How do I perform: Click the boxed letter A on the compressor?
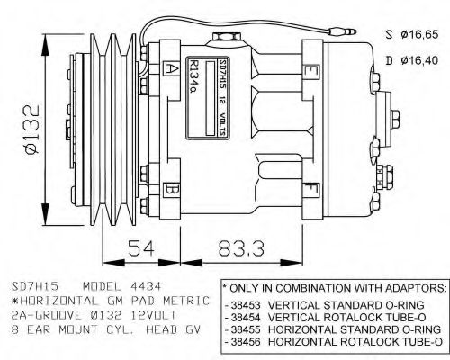[172, 67]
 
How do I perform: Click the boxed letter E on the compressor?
[310, 71]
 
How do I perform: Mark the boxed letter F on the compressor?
[310, 190]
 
